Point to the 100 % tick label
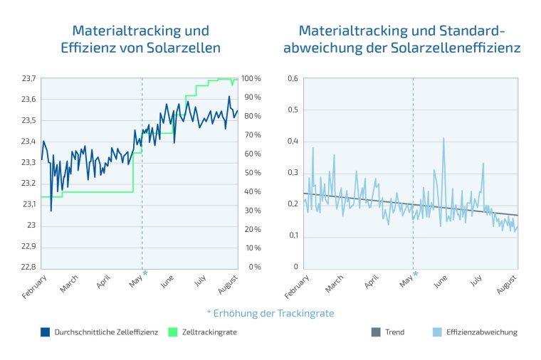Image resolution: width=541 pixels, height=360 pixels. (x=251, y=78)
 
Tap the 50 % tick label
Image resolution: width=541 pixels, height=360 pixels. (x=251, y=173)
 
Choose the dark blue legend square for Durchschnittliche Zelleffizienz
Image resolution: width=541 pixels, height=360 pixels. (x=46, y=332)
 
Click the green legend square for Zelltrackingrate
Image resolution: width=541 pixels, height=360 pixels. (x=172, y=332)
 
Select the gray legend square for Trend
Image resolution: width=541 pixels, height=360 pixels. (x=376, y=332)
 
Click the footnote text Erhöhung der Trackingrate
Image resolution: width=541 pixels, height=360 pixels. (x=275, y=313)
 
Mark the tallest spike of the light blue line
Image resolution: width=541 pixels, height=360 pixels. (x=443, y=138)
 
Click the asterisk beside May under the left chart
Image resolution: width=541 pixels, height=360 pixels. (x=145, y=273)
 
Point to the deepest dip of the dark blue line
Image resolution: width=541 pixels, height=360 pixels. (x=51, y=211)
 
